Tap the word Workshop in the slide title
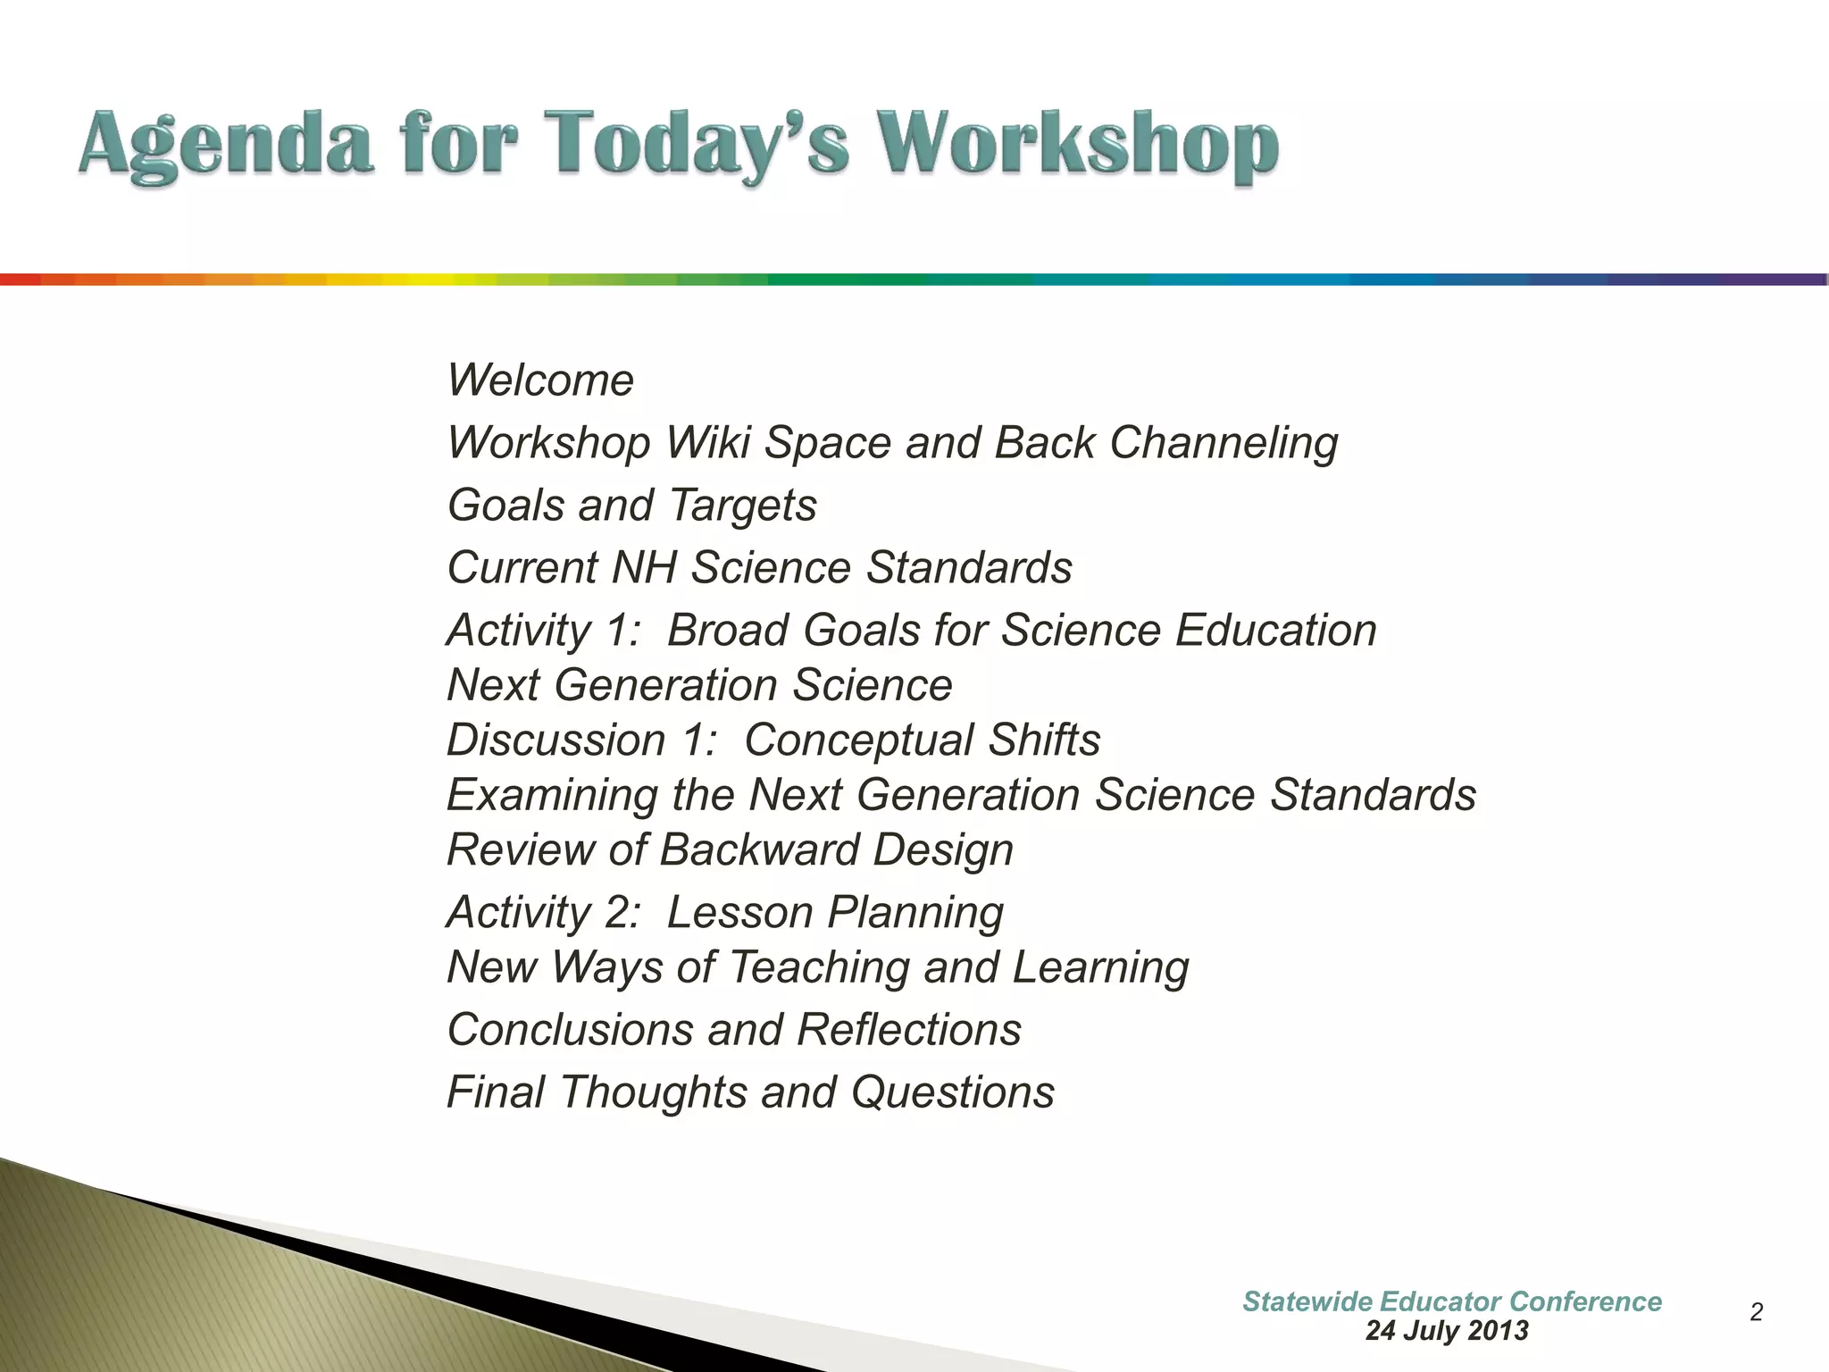coord(1076,145)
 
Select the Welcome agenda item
coord(540,381)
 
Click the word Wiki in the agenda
coord(707,443)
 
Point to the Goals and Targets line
coord(631,506)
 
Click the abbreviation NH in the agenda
coord(643,568)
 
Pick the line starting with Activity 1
coord(911,631)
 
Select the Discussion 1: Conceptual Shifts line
coord(773,740)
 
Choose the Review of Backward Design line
coord(730,849)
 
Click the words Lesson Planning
coord(835,913)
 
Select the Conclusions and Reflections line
coord(733,1030)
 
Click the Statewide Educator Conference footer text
coord(1451,1301)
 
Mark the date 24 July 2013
coord(1447,1331)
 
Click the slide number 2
coord(1756,1312)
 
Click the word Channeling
coord(1224,443)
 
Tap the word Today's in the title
coord(697,145)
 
